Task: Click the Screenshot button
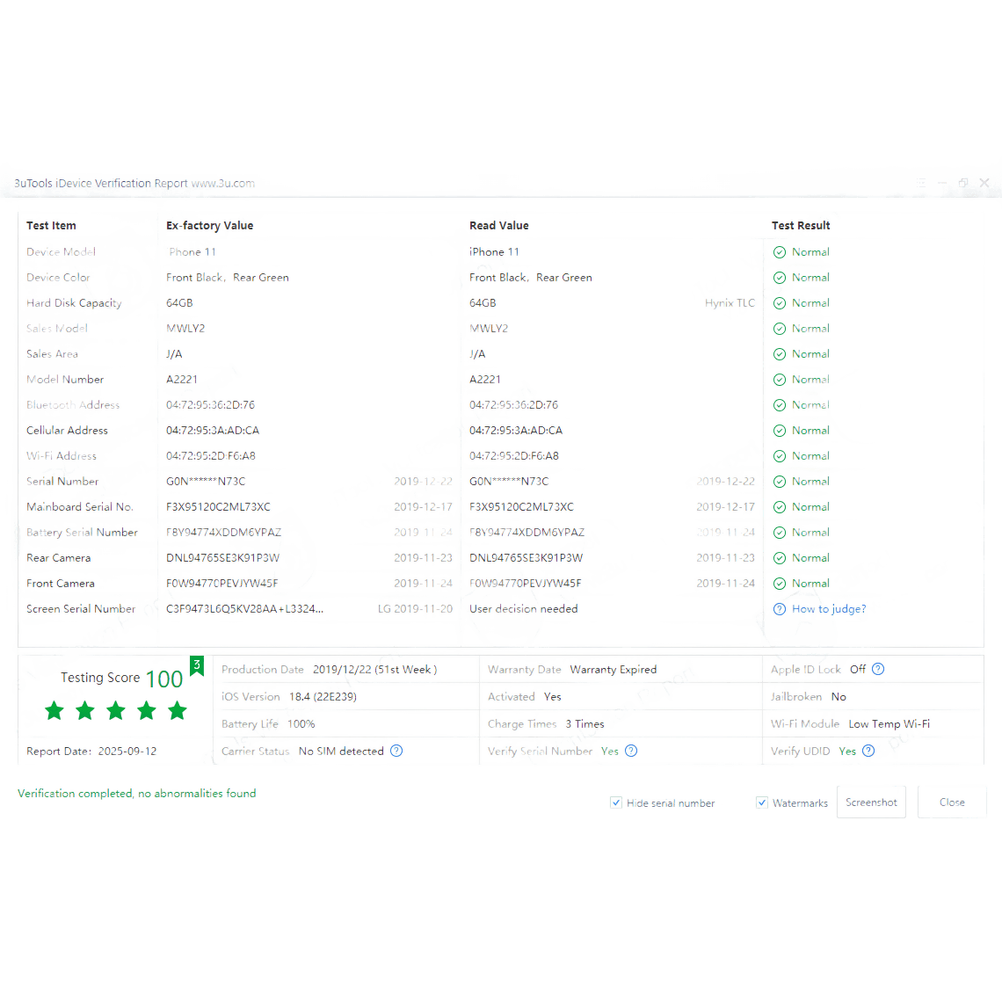(871, 802)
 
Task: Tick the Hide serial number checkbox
(616, 802)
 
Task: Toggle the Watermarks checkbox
(762, 802)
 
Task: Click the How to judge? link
(829, 608)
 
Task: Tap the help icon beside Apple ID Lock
(878, 669)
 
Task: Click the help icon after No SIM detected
(396, 751)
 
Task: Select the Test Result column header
(801, 226)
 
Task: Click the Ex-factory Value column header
(209, 226)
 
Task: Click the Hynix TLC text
(730, 303)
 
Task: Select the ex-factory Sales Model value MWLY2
(185, 329)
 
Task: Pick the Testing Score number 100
(164, 679)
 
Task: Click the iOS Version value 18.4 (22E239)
(323, 696)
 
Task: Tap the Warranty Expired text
(614, 670)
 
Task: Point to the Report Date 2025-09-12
(127, 751)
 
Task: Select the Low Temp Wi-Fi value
(889, 724)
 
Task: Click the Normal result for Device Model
(810, 252)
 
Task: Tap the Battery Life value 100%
(301, 724)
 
